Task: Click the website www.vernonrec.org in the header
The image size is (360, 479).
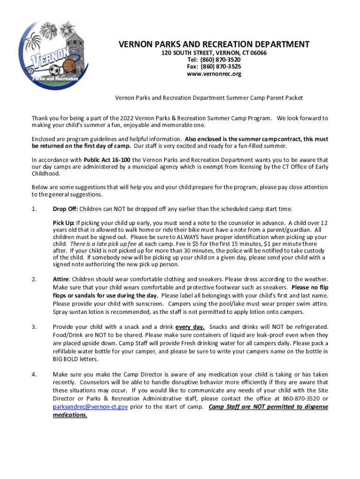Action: coord(214,74)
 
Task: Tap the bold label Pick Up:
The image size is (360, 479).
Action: coord(64,223)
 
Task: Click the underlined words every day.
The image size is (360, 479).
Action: coord(189,327)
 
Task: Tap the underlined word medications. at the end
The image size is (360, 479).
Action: coord(70,414)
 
